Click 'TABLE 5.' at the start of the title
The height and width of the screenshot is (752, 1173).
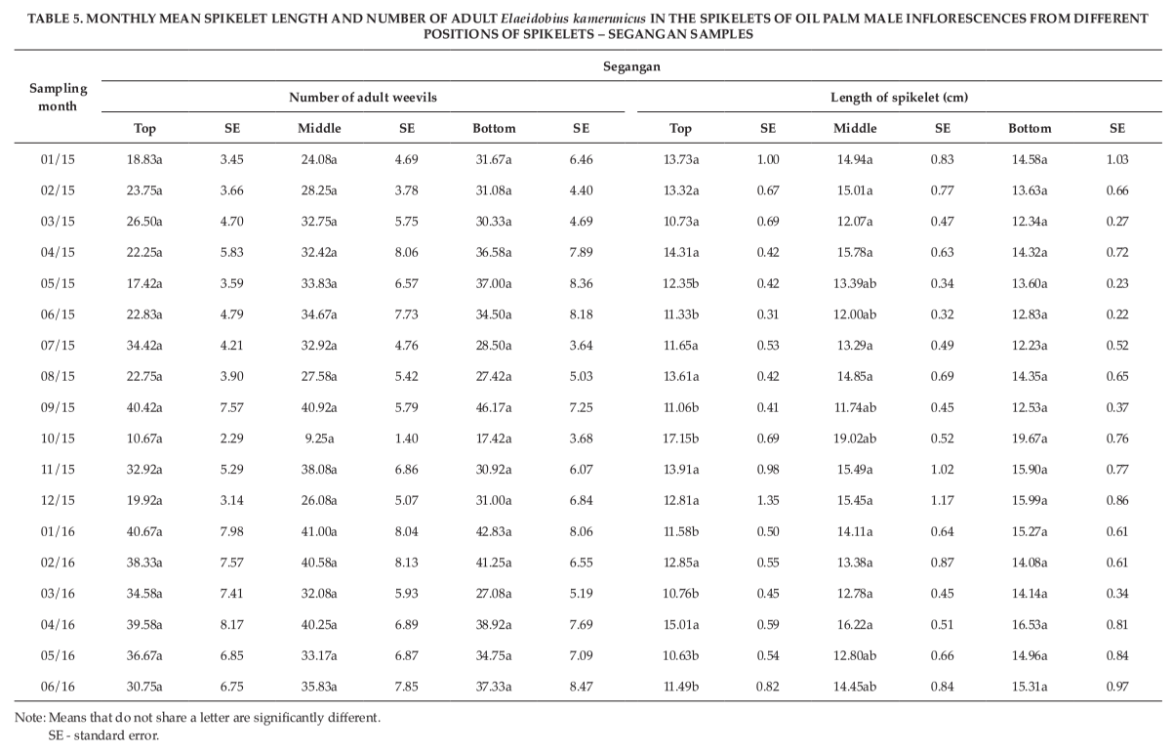55,19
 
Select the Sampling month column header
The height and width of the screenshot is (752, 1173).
58,97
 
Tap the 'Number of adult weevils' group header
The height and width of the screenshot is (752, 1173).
363,98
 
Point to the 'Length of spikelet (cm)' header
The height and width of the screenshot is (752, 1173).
899,98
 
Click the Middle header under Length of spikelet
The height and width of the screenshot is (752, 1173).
855,128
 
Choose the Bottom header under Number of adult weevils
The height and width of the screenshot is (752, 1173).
494,128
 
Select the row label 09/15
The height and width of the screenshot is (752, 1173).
58,407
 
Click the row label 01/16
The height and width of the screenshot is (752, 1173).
58,531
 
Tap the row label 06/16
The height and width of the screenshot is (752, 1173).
58,687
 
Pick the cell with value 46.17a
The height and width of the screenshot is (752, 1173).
493,407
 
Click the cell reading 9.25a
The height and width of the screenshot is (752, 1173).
319,439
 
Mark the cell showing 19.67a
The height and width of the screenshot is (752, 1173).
1030,439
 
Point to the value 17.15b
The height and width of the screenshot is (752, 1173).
681,439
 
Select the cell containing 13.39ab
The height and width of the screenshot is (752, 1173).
855,283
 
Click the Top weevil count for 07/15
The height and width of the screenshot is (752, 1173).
144,346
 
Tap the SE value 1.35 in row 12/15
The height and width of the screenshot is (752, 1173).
768,500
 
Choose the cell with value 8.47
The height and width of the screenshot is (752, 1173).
582,687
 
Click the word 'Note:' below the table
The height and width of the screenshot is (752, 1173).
30,718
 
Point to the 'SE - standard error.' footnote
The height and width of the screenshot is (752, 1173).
103,735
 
